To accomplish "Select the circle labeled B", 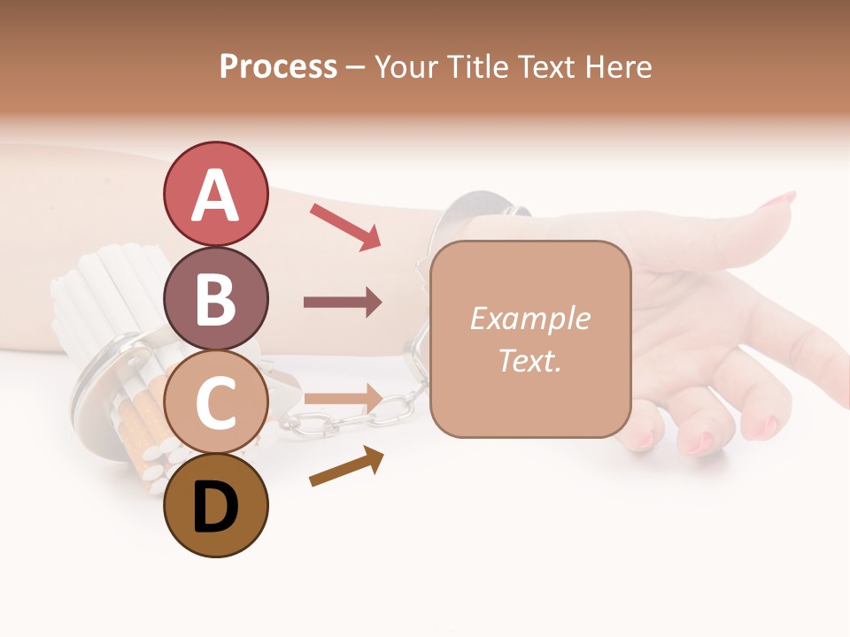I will (x=215, y=298).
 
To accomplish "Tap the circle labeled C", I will (x=215, y=402).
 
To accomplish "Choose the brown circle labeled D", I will (x=215, y=505).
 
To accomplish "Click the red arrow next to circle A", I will (x=345, y=226).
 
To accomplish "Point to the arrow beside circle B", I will (x=343, y=303).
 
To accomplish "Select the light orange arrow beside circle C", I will (x=343, y=398).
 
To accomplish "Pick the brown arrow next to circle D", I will (x=346, y=466).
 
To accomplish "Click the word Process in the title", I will (x=278, y=67).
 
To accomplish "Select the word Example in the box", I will (x=529, y=318).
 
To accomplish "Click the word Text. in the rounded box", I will (x=529, y=361).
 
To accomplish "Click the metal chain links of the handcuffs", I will (x=354, y=417).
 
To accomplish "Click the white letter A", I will (x=215, y=196).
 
